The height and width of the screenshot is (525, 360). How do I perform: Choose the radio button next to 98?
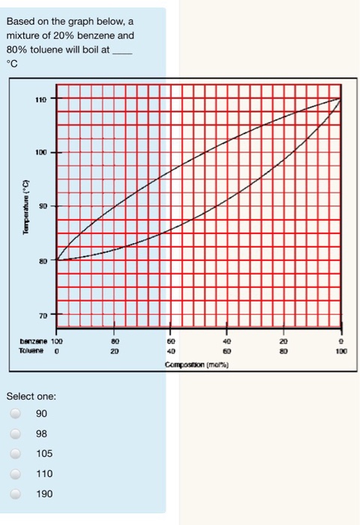coord(14,433)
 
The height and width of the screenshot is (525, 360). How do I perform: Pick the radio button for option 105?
coord(14,454)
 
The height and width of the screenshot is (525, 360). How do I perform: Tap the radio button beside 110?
coord(14,474)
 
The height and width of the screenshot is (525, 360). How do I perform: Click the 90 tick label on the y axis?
coord(43,205)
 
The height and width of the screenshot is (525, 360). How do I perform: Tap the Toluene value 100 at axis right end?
coord(342,349)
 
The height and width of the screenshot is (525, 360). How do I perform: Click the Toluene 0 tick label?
coord(57,349)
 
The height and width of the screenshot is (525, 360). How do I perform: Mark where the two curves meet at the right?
coord(341,99)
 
